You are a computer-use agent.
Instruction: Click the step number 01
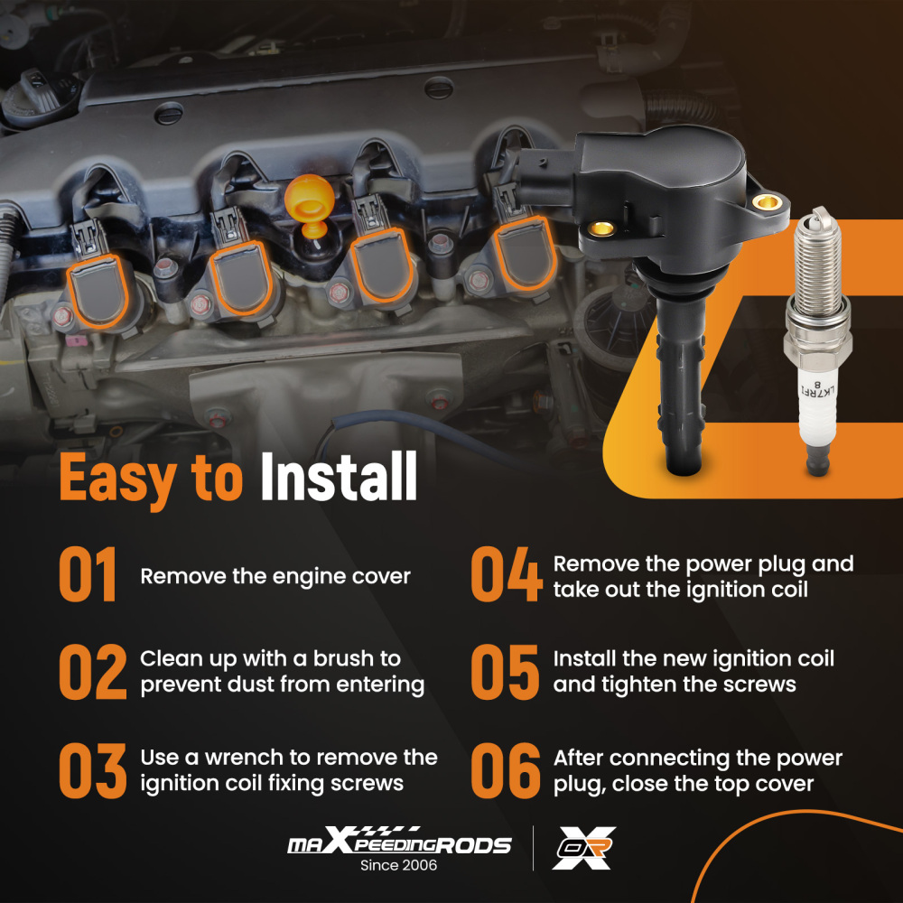point(88,574)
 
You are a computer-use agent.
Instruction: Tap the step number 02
point(93,672)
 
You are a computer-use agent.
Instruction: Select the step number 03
point(93,770)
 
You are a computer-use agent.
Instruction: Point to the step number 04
point(507,574)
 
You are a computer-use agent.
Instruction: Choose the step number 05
point(505,672)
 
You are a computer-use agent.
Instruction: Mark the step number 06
point(506,770)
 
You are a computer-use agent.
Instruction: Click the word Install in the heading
point(339,476)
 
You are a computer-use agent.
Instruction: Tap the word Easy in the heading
point(118,480)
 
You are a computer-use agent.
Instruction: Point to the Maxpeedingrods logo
point(399,841)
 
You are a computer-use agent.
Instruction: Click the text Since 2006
point(398,865)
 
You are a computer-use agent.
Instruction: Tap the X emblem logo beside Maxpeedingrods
point(584,848)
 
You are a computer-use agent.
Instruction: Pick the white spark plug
point(818,341)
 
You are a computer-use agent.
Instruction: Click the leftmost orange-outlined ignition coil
point(98,290)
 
